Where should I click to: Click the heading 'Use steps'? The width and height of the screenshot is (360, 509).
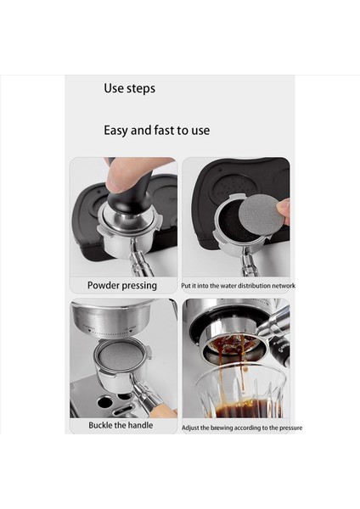(129, 88)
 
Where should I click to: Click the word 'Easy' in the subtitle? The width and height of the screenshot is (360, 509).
(117, 131)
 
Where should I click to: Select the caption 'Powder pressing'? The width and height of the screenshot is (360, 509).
(122, 286)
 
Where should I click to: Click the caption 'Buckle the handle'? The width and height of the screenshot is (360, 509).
(121, 425)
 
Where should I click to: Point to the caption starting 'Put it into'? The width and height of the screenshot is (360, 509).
(238, 286)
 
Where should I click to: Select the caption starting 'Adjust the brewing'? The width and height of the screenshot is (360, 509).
(241, 428)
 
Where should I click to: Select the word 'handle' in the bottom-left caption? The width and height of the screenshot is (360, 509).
(138, 425)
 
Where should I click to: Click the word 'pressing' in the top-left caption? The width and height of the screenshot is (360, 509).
(138, 286)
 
